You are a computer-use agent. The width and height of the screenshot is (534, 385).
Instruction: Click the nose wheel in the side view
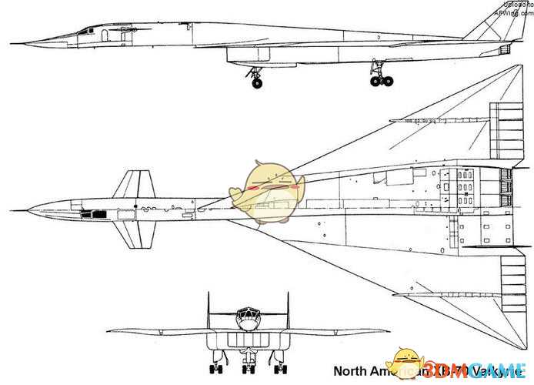[256, 81]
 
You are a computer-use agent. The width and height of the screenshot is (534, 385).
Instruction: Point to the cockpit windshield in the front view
[246, 314]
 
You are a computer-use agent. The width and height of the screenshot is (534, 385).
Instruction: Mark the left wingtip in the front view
[108, 331]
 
